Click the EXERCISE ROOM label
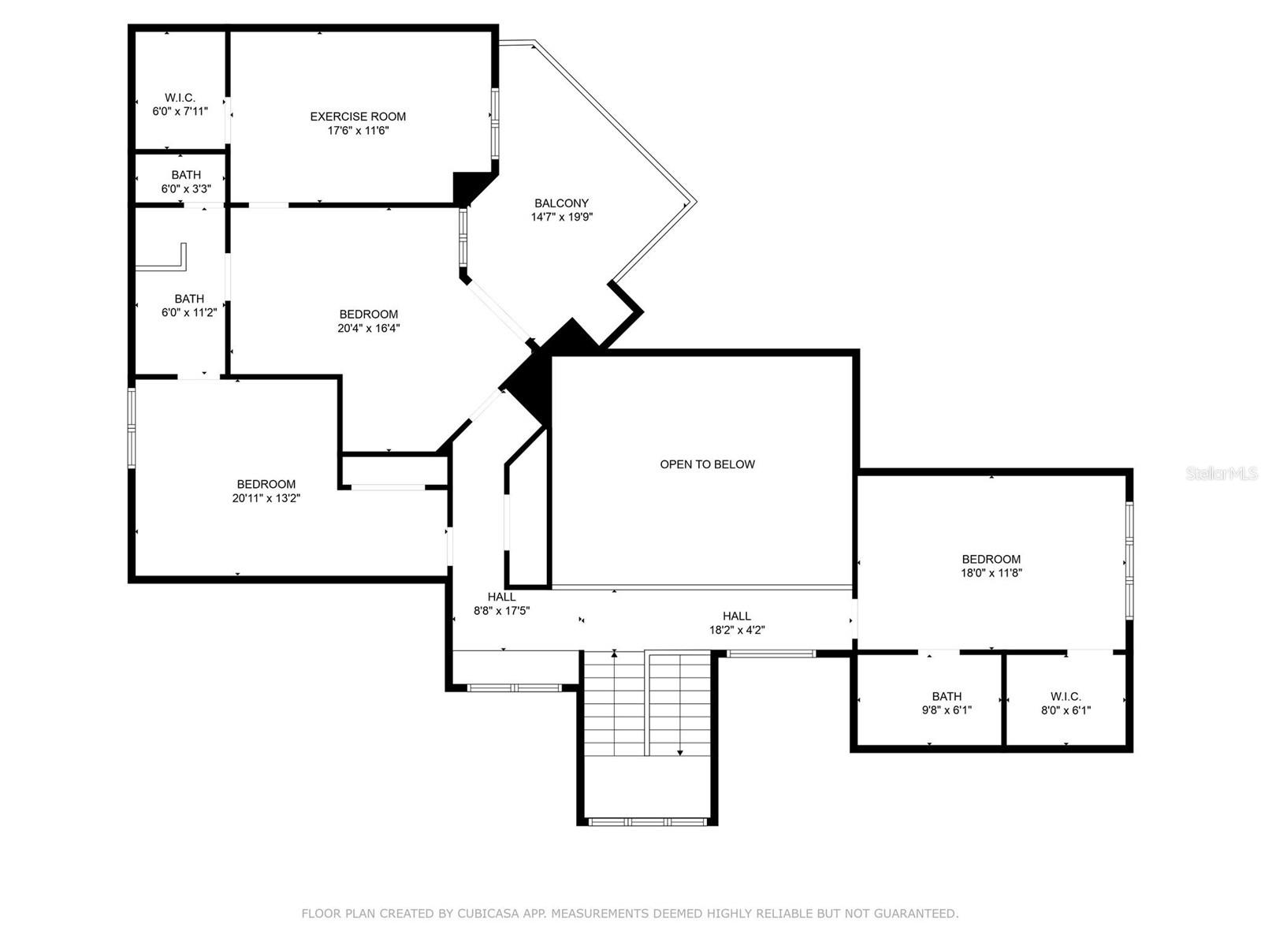pyautogui.click(x=358, y=117)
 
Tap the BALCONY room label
pyautogui.click(x=561, y=203)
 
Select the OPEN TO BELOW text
pyautogui.click(x=707, y=464)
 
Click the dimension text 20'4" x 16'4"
pyautogui.click(x=368, y=328)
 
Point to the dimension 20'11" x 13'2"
pyautogui.click(x=266, y=498)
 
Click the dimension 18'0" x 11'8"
pyautogui.click(x=991, y=573)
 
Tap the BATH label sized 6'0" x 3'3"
pyautogui.click(x=186, y=175)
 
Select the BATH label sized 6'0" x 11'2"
pyautogui.click(x=188, y=299)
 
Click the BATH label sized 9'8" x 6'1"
pyautogui.click(x=947, y=696)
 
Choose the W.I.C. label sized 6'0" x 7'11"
pyautogui.click(x=180, y=98)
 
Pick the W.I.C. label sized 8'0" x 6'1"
pyautogui.click(x=1066, y=696)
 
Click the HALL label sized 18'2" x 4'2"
pyautogui.click(x=737, y=616)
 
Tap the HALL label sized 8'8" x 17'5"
pyautogui.click(x=501, y=597)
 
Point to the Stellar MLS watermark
pyautogui.click(x=1221, y=473)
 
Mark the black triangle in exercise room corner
pyautogui.click(x=467, y=186)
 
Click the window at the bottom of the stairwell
pyautogui.click(x=646, y=821)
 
